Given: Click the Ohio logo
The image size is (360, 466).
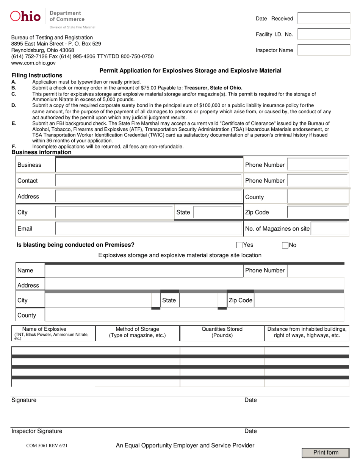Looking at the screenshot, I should [x=25, y=16].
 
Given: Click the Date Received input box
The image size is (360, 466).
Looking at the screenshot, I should [x=324, y=18].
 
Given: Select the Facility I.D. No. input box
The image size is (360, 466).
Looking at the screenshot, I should [x=324, y=34].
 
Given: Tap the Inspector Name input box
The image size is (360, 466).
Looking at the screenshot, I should [x=324, y=50].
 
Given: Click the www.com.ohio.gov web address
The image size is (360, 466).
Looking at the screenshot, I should [x=33, y=63].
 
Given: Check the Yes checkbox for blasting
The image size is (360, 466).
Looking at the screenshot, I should [x=239, y=245].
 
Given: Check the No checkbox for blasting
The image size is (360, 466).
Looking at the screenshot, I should [x=285, y=245].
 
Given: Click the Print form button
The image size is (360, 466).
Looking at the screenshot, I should [x=326, y=453].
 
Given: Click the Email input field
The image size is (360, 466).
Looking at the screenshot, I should [x=149, y=228].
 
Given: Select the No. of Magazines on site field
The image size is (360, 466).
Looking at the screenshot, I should [x=330, y=228].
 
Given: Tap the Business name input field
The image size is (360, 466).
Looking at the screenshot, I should [x=149, y=165].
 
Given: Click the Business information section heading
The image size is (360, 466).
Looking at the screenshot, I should [x=41, y=152].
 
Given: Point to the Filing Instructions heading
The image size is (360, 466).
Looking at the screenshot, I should [x=37, y=75].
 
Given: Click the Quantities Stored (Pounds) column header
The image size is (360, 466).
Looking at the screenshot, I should [x=222, y=332].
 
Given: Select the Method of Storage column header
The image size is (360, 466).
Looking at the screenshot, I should [x=137, y=332].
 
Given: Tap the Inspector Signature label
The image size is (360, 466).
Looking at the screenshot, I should [x=37, y=431].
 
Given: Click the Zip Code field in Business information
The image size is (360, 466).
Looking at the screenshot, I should [x=318, y=213].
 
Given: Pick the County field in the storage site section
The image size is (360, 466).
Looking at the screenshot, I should [x=194, y=315].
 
